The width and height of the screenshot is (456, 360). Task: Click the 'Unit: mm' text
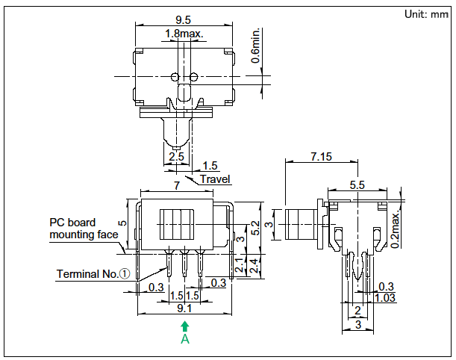coord(425,14)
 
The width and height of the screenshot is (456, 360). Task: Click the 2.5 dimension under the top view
coord(176,157)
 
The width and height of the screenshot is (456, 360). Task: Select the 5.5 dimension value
coord(357,184)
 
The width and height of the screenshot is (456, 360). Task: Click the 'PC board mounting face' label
coord(84,229)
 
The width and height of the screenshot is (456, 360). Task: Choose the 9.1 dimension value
coord(184,307)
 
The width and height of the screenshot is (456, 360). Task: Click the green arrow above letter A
coord(185,326)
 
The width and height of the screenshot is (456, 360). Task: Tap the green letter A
coord(185,339)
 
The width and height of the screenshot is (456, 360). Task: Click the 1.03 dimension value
coord(386,297)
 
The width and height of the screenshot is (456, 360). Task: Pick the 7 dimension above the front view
coord(177,184)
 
